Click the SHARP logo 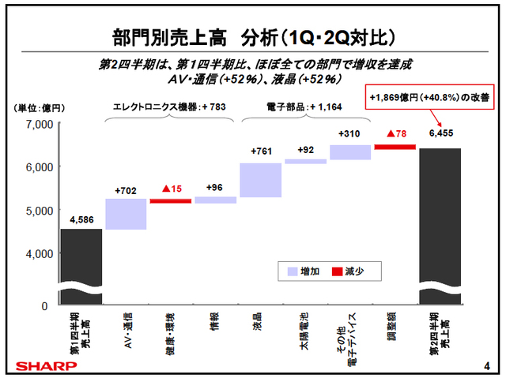tap(37, 365)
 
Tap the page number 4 tap(485, 365)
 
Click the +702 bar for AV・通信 tap(126, 214)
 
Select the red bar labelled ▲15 tap(170, 201)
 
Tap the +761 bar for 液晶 tap(260, 180)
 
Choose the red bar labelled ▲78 tap(395, 146)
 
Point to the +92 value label tap(305, 149)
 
